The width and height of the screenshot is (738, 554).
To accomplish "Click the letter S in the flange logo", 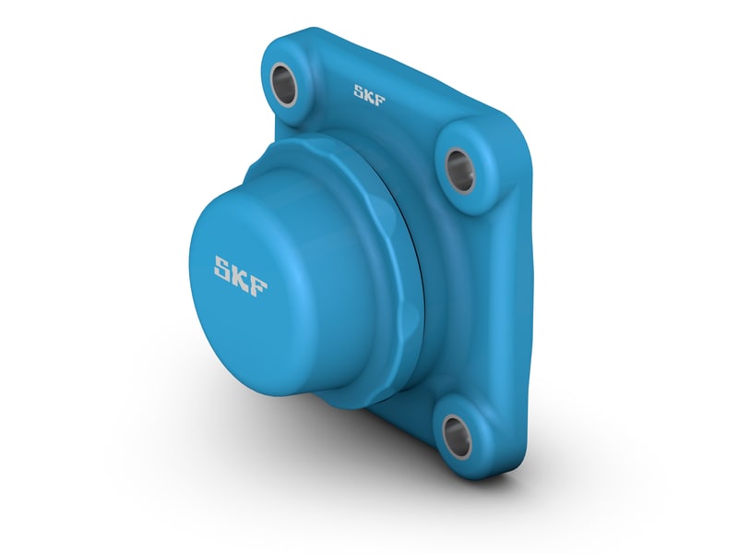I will point(360,90).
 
